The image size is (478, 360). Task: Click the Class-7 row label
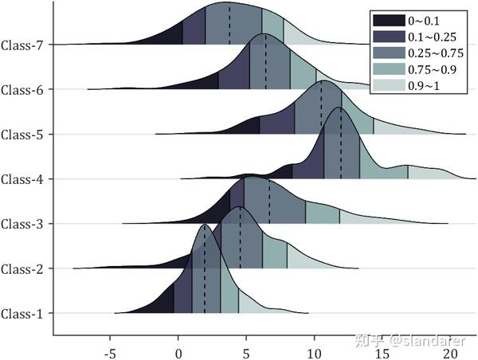tap(22, 45)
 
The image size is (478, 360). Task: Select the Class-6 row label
tap(22, 89)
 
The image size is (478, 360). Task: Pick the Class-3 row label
tap(22, 224)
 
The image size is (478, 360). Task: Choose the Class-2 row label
tap(22, 268)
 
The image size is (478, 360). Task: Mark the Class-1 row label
tap(22, 313)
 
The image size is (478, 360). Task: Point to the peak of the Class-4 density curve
tap(339, 108)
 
